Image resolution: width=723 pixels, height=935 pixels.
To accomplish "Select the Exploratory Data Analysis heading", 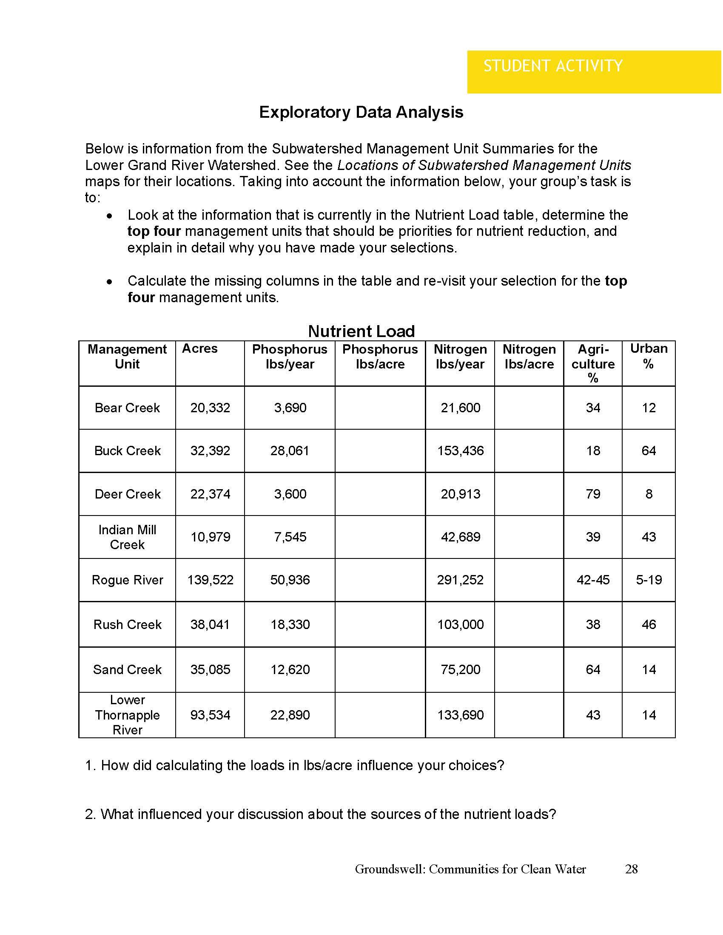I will tap(361, 112).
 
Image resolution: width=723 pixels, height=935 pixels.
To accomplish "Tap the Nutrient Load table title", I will tap(361, 331).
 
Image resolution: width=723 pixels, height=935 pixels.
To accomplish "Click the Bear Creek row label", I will tap(127, 408).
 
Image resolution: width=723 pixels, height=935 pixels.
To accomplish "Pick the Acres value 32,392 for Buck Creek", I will tap(210, 451).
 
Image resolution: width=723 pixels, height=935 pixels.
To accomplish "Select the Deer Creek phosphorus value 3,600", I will tap(290, 494).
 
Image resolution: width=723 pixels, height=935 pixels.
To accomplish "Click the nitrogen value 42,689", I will tap(461, 537).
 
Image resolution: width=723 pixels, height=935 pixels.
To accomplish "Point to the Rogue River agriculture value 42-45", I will tap(593, 580).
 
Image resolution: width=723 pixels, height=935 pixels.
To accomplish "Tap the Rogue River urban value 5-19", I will tap(649, 580).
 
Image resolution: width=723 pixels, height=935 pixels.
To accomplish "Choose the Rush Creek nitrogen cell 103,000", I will tap(461, 625).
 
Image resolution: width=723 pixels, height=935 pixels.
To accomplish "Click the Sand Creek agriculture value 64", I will tap(593, 669).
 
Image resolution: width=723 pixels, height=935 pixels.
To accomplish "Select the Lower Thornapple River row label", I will tap(127, 715).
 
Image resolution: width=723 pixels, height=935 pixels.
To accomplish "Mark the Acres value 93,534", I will tap(210, 715).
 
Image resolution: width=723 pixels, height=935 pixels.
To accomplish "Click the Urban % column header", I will tap(649, 356).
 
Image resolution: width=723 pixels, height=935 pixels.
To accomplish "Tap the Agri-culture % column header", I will tap(593, 363).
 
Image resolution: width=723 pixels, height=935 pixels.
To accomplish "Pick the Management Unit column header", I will tap(127, 356).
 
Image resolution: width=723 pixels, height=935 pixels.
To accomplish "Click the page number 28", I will tap(631, 869).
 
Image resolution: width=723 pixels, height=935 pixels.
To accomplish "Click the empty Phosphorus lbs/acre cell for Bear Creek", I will tap(380, 408).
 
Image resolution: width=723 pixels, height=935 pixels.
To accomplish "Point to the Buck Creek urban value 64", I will tap(649, 451).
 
